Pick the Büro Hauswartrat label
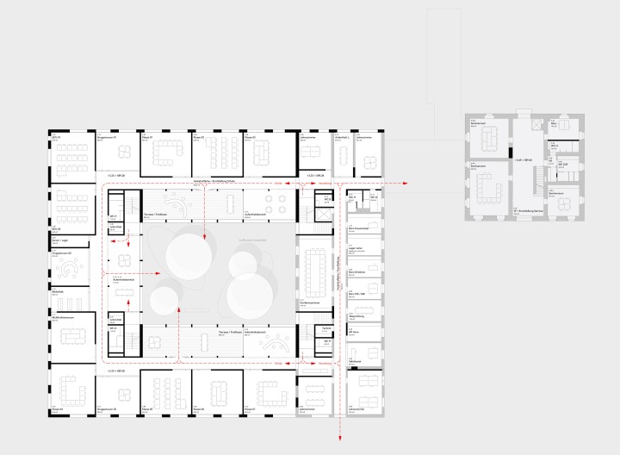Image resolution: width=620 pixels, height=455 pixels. pos(358,229)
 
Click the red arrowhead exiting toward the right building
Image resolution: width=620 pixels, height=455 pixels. pos(406,184)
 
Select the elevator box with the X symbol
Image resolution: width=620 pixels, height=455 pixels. pos(536,126)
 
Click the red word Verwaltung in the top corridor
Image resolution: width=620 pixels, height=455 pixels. pos(277,183)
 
